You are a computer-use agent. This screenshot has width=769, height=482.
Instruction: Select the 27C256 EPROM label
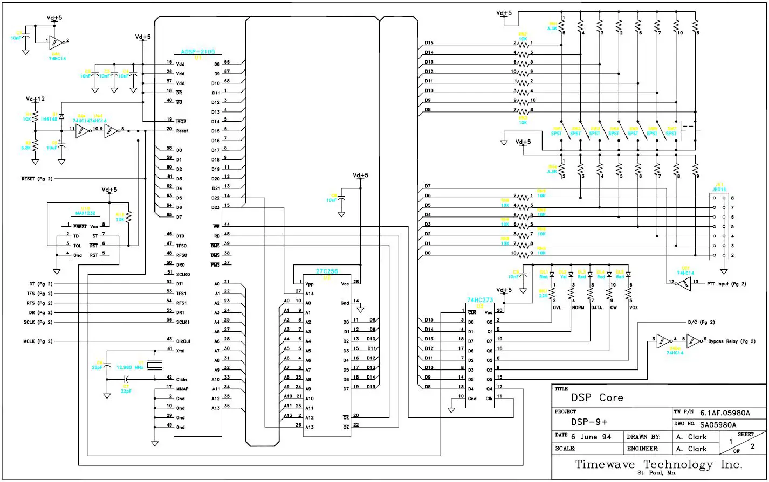pyautogui.click(x=327, y=272)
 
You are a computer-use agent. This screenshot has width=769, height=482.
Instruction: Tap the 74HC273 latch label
pyautogui.click(x=480, y=299)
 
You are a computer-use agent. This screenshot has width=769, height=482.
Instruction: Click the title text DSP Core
pyautogui.click(x=597, y=398)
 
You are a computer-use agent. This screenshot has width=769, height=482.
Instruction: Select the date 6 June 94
pyautogui.click(x=592, y=437)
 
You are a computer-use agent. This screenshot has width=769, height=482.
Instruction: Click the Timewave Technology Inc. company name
pyautogui.click(x=659, y=464)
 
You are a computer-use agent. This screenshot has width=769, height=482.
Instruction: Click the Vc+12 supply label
pyautogui.click(x=35, y=100)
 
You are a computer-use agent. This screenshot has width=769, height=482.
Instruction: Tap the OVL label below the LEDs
pyautogui.click(x=557, y=308)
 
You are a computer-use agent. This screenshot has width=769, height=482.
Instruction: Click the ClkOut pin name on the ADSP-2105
pyautogui.click(x=185, y=340)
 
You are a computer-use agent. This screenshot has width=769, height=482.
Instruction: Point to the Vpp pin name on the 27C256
pyautogui.click(x=310, y=283)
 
